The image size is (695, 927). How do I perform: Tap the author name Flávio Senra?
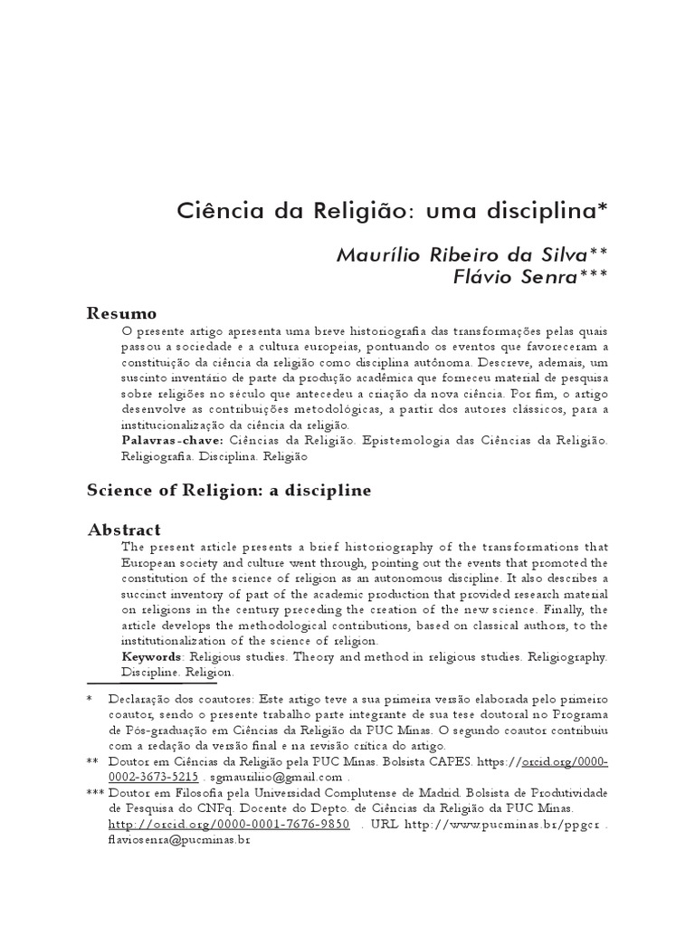pos(514,276)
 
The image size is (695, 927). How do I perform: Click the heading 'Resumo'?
pos(121,313)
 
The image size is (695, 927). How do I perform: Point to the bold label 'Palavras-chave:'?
pos(172,440)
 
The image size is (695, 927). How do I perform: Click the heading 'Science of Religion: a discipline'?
pos(229,490)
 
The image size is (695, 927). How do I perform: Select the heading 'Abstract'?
pos(124,530)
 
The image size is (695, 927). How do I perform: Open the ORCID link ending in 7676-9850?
pos(229,824)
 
